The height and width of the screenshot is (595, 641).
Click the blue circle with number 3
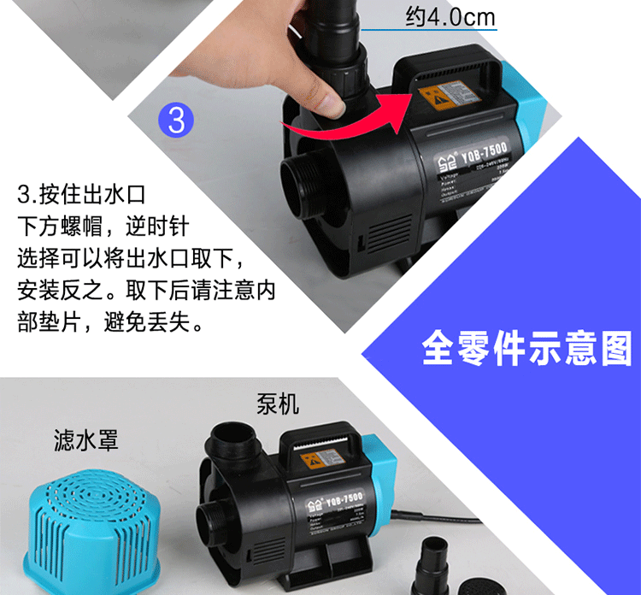176,120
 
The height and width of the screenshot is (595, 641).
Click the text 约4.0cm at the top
450,17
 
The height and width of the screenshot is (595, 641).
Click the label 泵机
278,403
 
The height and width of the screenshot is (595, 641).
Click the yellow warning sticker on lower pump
314,463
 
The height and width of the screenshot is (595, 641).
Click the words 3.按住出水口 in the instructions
75,195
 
